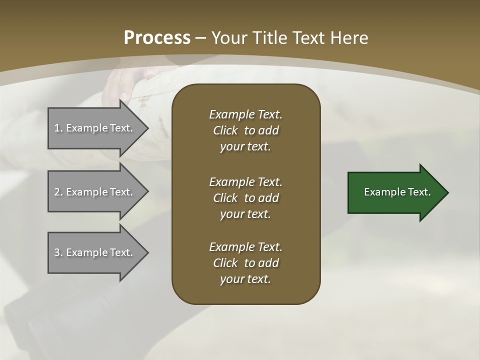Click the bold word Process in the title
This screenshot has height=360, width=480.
coord(157,38)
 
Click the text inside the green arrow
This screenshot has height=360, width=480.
coord(397,192)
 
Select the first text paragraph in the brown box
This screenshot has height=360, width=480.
coord(245,130)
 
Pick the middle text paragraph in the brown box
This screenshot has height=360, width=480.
coord(245,198)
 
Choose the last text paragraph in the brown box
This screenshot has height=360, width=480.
coord(245,263)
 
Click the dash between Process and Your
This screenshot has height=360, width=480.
coord(201,38)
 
